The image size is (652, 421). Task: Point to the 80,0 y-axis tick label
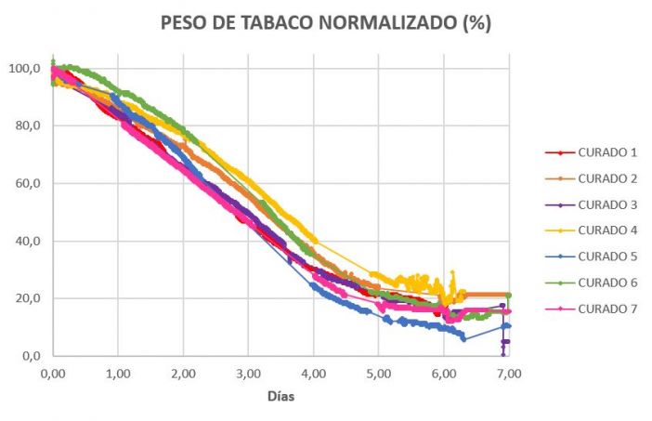(x=24, y=126)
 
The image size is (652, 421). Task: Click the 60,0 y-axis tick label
(x=24, y=184)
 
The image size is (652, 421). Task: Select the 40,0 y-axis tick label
(x=24, y=242)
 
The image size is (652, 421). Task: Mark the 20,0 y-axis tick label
(x=24, y=299)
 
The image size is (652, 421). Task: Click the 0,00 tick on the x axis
(x=53, y=373)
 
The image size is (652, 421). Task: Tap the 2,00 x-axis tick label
(x=183, y=373)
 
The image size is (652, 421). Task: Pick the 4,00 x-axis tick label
(x=314, y=373)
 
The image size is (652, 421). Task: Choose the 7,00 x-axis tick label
(x=509, y=373)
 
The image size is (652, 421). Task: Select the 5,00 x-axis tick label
(x=379, y=373)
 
